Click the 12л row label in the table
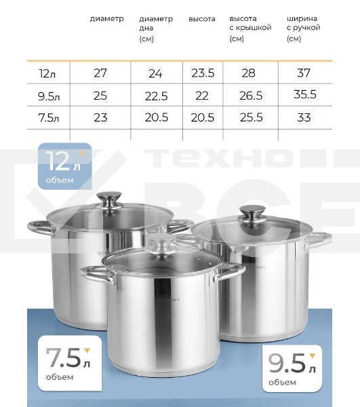coord(47,73)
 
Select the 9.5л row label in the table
coord(49,96)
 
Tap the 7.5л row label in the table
coord(49,118)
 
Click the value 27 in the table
coord(100,73)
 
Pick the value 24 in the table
coord(156,73)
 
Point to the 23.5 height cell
coord(203,73)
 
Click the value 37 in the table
coord(304,73)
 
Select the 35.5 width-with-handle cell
coord(305,94)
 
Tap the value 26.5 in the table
coord(251,96)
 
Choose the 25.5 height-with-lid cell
coord(251,117)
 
